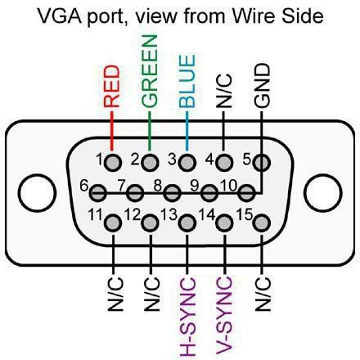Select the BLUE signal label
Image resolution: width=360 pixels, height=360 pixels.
pyautogui.click(x=187, y=81)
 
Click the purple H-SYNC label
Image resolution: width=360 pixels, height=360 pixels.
pyautogui.click(x=187, y=315)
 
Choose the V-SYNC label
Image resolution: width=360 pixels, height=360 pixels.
pyautogui.click(x=224, y=314)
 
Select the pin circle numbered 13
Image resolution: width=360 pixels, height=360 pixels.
pyautogui.click(x=187, y=222)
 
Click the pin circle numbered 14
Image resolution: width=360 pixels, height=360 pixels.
pyautogui.click(x=224, y=222)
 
